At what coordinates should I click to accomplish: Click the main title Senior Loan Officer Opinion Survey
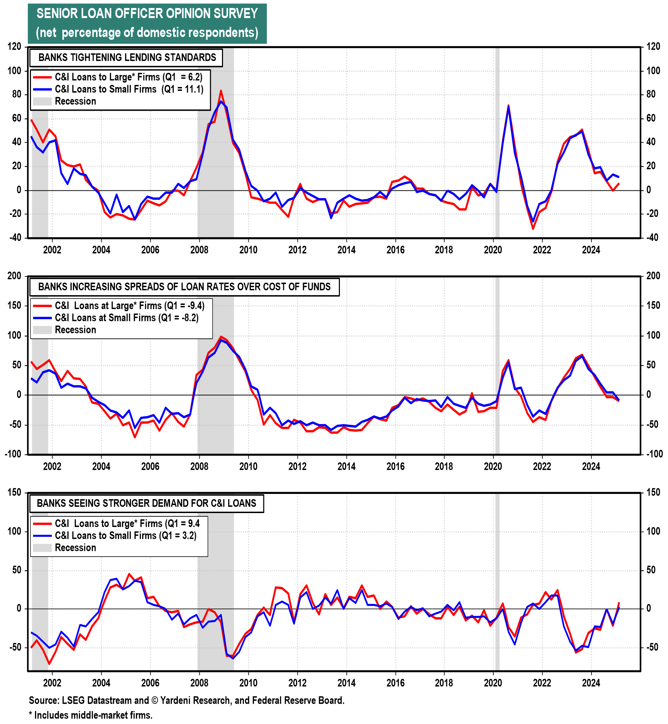click(147, 14)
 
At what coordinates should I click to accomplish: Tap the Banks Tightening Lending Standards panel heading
click(127, 57)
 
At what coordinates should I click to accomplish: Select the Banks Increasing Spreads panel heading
click(184, 287)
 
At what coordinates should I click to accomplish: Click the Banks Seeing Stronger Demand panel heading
click(146, 503)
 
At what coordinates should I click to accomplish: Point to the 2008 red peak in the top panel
click(221, 91)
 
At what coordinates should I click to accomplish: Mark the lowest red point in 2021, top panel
click(533, 229)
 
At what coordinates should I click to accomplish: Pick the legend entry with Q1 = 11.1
click(129, 89)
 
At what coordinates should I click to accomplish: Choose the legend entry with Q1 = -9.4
click(129, 306)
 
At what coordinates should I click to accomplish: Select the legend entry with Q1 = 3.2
click(126, 536)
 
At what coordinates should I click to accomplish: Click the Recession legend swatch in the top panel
click(42, 101)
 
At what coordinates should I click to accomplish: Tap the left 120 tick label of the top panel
click(14, 47)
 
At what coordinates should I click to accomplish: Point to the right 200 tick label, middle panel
click(653, 276)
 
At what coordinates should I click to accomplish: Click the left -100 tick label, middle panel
click(13, 454)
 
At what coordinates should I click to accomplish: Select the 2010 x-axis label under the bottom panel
click(248, 683)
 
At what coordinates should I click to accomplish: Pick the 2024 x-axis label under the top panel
click(591, 250)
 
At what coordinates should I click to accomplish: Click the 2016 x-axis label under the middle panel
click(396, 466)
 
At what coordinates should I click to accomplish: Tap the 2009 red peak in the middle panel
click(221, 337)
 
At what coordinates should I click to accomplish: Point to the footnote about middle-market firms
click(91, 715)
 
